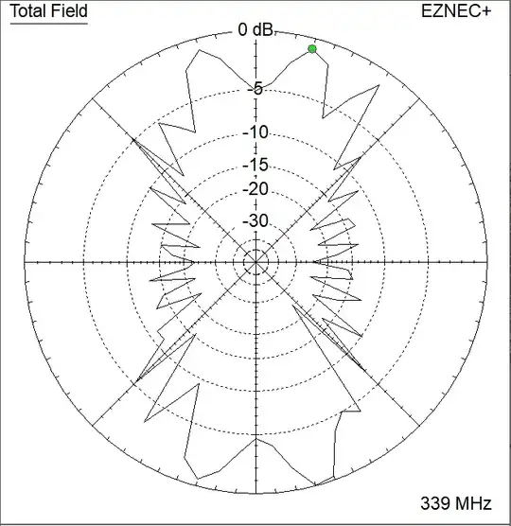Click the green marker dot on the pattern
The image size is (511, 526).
(x=312, y=49)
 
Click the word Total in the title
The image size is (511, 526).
(x=26, y=10)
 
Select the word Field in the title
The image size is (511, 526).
(x=67, y=10)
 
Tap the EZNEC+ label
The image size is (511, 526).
(x=456, y=11)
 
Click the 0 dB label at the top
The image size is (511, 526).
(x=256, y=29)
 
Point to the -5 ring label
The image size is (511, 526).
(x=255, y=89)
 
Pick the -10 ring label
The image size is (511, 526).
(x=255, y=132)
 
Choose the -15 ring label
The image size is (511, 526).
(x=255, y=165)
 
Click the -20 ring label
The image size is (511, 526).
(x=255, y=189)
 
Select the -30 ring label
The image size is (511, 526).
(x=255, y=220)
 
